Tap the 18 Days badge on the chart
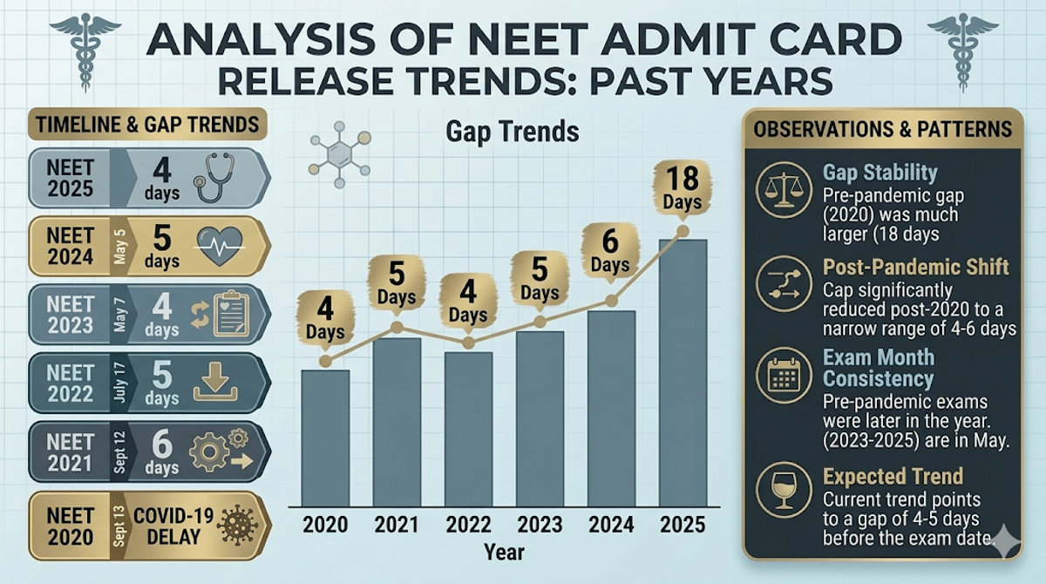click(683, 189)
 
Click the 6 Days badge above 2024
click(610, 251)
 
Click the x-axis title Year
click(504, 552)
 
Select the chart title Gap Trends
click(512, 132)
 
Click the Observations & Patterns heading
click(882, 129)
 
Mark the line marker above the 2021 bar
click(397, 328)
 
